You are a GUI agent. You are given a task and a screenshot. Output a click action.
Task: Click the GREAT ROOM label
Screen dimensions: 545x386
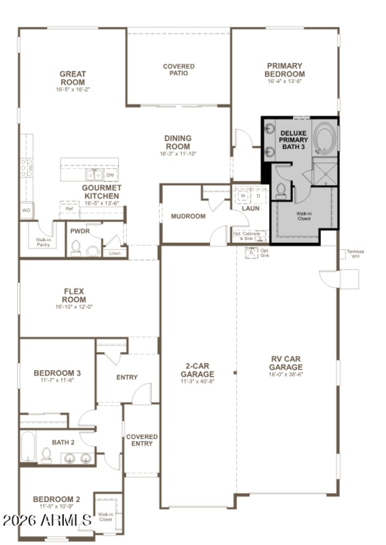point(72,78)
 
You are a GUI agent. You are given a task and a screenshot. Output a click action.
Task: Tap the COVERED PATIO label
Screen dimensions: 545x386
point(179,70)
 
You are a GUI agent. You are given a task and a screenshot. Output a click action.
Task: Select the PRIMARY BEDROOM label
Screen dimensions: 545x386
point(285,70)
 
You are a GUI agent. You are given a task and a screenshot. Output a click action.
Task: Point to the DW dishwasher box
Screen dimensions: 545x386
point(110,176)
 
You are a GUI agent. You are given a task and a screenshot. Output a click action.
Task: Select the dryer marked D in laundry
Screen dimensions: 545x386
point(258,196)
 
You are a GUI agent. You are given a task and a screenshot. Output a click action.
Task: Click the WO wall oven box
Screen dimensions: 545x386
point(26,210)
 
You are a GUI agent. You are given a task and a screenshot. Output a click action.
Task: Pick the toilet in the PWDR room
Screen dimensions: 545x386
point(76,248)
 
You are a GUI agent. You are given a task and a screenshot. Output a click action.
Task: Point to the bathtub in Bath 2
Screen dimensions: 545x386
point(28,447)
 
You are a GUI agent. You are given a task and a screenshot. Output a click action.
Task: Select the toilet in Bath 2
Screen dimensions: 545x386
point(47,455)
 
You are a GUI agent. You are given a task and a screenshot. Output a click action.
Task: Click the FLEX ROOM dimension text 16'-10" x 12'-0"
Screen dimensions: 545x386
point(74,307)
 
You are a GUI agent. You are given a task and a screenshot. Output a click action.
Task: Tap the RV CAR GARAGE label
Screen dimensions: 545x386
point(286,363)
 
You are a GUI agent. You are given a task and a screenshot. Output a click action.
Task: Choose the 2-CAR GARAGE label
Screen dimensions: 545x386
point(197,370)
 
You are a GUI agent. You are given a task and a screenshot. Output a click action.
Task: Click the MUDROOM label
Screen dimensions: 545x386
point(188,216)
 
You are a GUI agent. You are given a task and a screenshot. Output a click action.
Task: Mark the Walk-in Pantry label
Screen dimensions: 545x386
point(44,242)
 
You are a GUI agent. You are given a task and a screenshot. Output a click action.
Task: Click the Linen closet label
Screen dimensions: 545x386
point(114,253)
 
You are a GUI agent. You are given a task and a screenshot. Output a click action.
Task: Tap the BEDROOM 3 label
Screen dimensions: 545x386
point(57,373)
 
